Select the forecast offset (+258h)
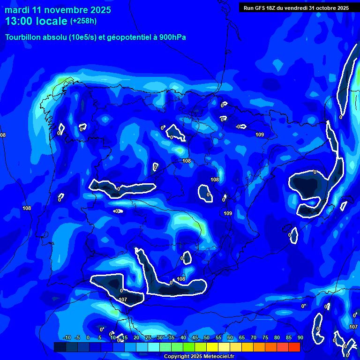pyautogui.click(x=83, y=21)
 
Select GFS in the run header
pyautogui.click(x=261, y=8)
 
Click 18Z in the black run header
pyautogui.click(x=272, y=8)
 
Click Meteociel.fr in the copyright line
pyautogui.click(x=218, y=357)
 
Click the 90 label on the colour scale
pyautogui.click(x=300, y=337)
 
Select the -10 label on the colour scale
pyautogui.click(x=67, y=337)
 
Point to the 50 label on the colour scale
pyautogui.click(x=207, y=337)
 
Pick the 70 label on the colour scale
pyautogui.click(x=254, y=337)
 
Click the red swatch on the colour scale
pyautogui.click(x=294, y=347)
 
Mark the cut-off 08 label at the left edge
pyautogui.click(x=3, y=135)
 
